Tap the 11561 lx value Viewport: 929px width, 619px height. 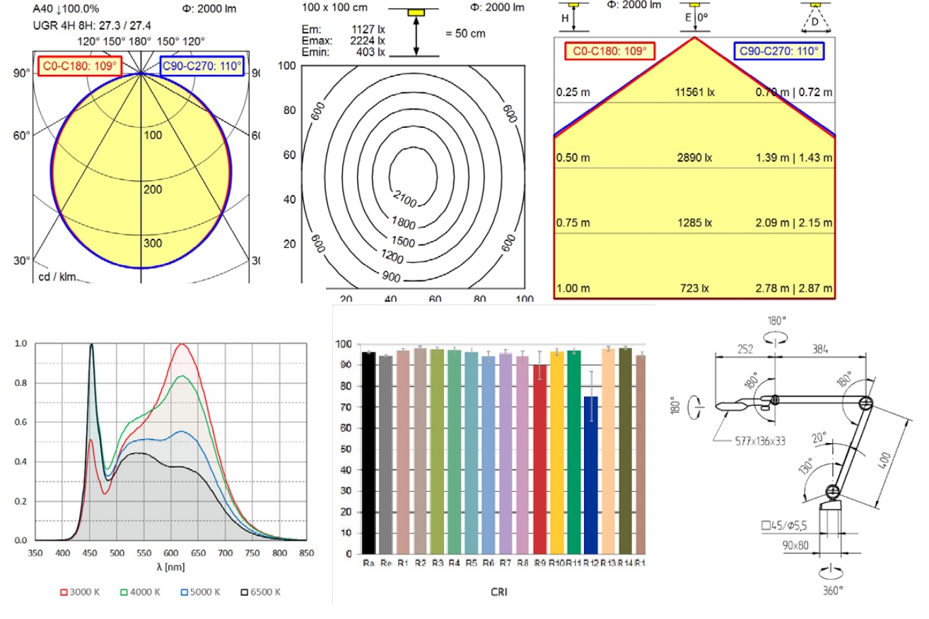pos(694,92)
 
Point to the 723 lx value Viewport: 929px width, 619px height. pos(694,289)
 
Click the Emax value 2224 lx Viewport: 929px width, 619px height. pos(368,40)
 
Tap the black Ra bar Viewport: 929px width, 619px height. pos(368,452)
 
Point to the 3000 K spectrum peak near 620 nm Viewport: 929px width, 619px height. pos(182,344)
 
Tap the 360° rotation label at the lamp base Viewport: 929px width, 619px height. pos(832,590)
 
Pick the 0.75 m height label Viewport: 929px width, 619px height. pos(573,223)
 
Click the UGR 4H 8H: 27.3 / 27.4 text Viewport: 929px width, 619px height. pos(92,25)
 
